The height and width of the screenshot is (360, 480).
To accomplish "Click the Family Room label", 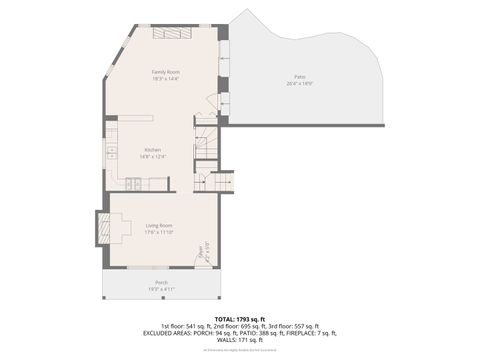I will point(165,72).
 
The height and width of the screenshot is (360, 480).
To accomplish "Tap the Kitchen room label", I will point(152,150).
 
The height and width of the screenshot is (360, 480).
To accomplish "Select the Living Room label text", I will point(159,226).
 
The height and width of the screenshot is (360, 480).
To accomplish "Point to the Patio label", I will point(299,77).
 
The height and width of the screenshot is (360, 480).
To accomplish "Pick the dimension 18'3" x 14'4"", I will point(165,79).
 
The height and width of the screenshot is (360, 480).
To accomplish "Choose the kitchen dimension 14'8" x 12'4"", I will point(152,157).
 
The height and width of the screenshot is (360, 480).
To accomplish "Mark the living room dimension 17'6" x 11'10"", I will point(159,233).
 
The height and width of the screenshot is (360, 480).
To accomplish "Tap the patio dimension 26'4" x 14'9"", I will point(299,84).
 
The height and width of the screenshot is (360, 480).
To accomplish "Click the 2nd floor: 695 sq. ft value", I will point(240,326).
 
